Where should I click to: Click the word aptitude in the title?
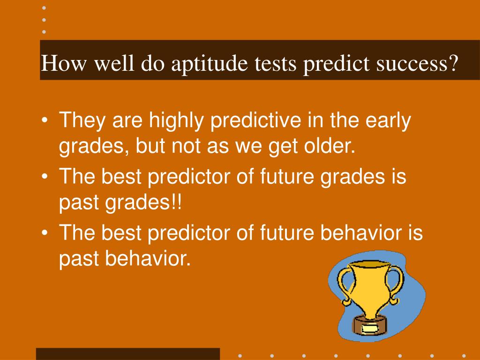[x=209, y=64]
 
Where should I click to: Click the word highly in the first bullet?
[x=176, y=121]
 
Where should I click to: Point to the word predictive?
[x=255, y=121]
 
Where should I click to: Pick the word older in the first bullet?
[x=330, y=145]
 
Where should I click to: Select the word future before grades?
[x=287, y=177]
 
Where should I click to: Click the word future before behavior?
[x=287, y=233]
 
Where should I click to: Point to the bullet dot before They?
[x=45, y=120]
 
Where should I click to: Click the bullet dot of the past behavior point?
[x=45, y=233]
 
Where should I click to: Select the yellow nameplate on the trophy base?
[x=369, y=329]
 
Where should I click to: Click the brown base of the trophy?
[x=369, y=326]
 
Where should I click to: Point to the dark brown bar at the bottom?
[x=128, y=354]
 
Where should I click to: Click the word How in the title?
[x=63, y=63]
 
